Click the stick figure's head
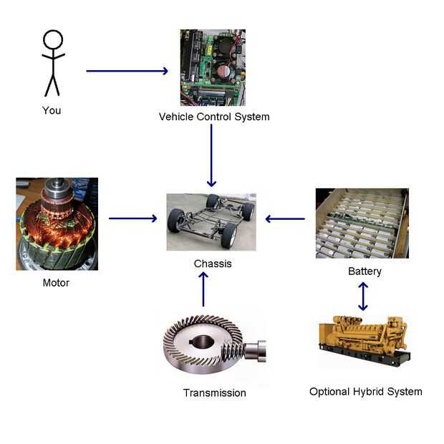coord(53,39)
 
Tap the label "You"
coord(52,110)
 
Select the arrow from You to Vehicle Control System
coord(127,71)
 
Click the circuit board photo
coord(212,67)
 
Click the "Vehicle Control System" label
coord(214,116)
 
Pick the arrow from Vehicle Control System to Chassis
coord(211,155)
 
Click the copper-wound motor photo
coord(57,223)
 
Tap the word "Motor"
coord(56,283)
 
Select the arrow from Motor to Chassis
coord(132,218)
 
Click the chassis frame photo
coord(211,221)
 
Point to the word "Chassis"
coord(213,264)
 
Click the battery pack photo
coord(362,223)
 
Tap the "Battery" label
coord(365,271)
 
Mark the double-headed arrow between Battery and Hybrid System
coord(363,296)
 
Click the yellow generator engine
coord(362,342)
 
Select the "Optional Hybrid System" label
coord(365,392)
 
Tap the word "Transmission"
coord(214,392)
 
